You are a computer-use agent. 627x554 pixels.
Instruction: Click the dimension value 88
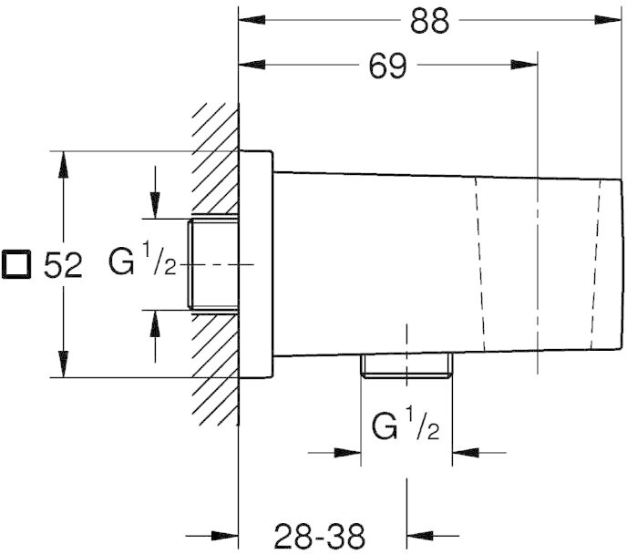coord(430,20)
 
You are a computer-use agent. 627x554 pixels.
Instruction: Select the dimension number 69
coord(388,66)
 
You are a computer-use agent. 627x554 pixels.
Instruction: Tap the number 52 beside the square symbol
coord(63,264)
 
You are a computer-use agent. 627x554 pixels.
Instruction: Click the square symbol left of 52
coord(16,264)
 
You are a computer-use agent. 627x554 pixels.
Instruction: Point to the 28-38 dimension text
coord(320,535)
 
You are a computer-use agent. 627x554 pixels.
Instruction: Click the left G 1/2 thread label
coord(142,261)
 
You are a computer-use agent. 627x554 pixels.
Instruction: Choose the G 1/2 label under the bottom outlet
coord(406,425)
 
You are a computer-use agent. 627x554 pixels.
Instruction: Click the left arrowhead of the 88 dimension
coord(252,19)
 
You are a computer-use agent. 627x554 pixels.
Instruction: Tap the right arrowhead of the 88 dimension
coord(609,19)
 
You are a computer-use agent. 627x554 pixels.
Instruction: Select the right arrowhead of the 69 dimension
coord(524,65)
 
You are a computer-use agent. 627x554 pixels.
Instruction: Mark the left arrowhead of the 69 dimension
coord(252,65)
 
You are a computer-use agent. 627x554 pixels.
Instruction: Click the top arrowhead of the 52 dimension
coord(63,164)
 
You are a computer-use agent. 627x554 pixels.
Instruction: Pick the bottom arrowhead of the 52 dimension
coord(63,364)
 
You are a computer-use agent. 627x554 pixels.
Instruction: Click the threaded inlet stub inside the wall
coord(213,264)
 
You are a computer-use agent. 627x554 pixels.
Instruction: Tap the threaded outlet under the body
coord(406,364)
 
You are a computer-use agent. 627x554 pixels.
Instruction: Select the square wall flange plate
coord(256,264)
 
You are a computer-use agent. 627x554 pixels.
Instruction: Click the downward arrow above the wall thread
coord(155,192)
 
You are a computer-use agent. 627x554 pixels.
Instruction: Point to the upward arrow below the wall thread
coord(155,335)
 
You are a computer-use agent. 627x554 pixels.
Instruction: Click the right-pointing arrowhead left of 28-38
coord(225,536)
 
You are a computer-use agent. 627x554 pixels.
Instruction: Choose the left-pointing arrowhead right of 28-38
coord(420,536)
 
